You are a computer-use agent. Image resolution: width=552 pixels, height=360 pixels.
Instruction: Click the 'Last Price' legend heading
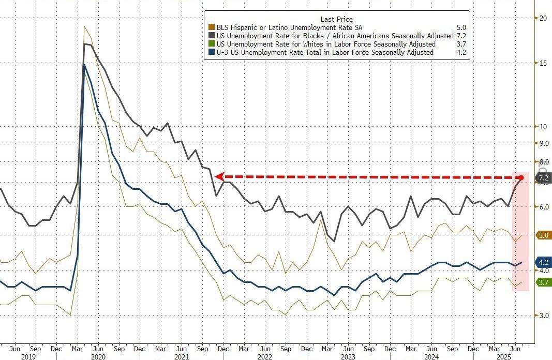tap(337, 19)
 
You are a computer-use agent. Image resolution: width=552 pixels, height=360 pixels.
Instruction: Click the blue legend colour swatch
tap(211, 52)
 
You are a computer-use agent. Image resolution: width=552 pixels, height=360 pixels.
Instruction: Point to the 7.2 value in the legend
tap(461, 36)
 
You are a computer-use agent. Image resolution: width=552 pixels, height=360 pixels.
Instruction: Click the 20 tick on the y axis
tap(543, 18)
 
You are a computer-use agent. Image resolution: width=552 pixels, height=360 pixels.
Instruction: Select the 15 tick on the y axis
tap(543, 64)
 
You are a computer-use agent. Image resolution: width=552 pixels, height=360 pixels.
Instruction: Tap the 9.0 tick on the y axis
tap(544, 143)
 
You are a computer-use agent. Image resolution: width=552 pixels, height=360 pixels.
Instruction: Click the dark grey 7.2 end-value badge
tap(543, 178)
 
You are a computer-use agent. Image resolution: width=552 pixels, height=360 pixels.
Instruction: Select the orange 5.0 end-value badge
tap(543, 235)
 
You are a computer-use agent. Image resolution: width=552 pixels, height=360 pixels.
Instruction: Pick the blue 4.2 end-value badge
tap(543, 262)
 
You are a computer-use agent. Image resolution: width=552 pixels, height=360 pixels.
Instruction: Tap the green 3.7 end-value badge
tap(543, 282)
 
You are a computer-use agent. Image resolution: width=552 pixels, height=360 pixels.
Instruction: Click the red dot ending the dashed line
tap(521, 178)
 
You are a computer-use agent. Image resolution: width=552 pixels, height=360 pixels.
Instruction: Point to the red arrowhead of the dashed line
tap(219, 176)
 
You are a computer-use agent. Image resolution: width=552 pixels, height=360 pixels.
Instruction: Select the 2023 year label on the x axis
tap(349, 356)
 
